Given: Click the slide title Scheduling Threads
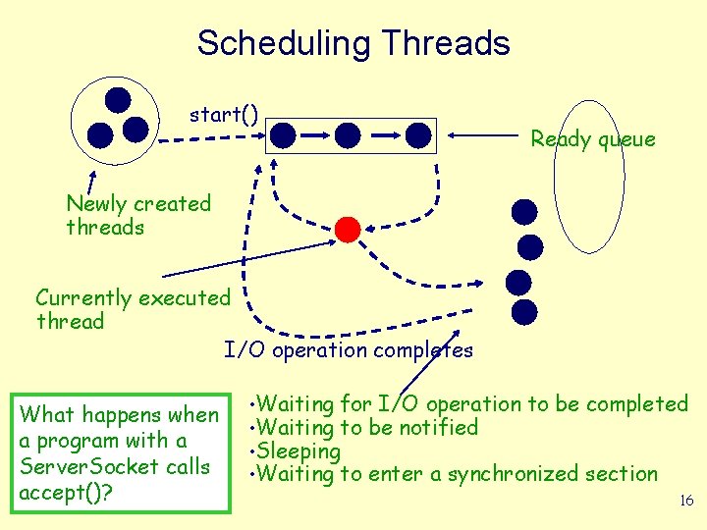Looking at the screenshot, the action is tap(353, 43).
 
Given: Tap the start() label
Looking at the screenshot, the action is tap(224, 115).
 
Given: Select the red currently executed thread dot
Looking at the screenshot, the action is tap(348, 229).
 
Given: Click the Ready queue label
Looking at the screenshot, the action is tap(592, 139).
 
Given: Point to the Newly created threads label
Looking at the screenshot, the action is tap(138, 216).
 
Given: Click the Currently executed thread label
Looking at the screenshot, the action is tap(133, 309).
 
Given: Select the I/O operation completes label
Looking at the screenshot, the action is tap(348, 350).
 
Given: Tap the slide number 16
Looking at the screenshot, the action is tap(686, 501).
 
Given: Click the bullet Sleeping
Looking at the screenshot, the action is tap(297, 451).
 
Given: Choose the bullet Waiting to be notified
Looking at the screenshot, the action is tap(365, 428).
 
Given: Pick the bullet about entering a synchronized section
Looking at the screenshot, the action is tap(455, 475).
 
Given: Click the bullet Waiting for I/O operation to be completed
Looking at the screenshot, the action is tap(470, 404).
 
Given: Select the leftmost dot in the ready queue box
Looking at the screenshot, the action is tap(284, 134).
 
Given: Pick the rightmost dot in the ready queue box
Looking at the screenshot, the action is tap(418, 134).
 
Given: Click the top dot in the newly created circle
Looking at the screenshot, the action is tap(118, 99).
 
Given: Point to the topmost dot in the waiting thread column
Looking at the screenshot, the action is tap(525, 211).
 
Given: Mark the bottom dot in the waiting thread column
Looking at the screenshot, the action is tap(525, 312).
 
